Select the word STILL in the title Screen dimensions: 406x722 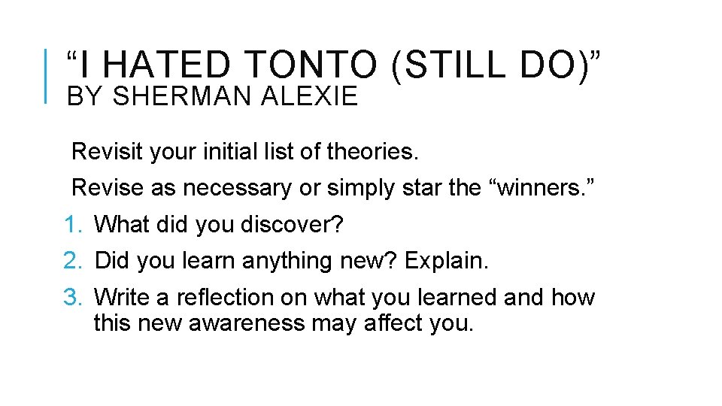[x=467, y=66]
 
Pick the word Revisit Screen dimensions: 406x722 [x=107, y=152]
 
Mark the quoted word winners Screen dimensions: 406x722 [x=540, y=188]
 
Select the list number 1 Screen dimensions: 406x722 [x=71, y=224]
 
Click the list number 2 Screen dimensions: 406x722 [x=71, y=261]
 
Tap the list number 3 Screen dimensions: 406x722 [x=71, y=298]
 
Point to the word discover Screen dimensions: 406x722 [x=292, y=224]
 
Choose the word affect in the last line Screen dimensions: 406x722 [x=400, y=324]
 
